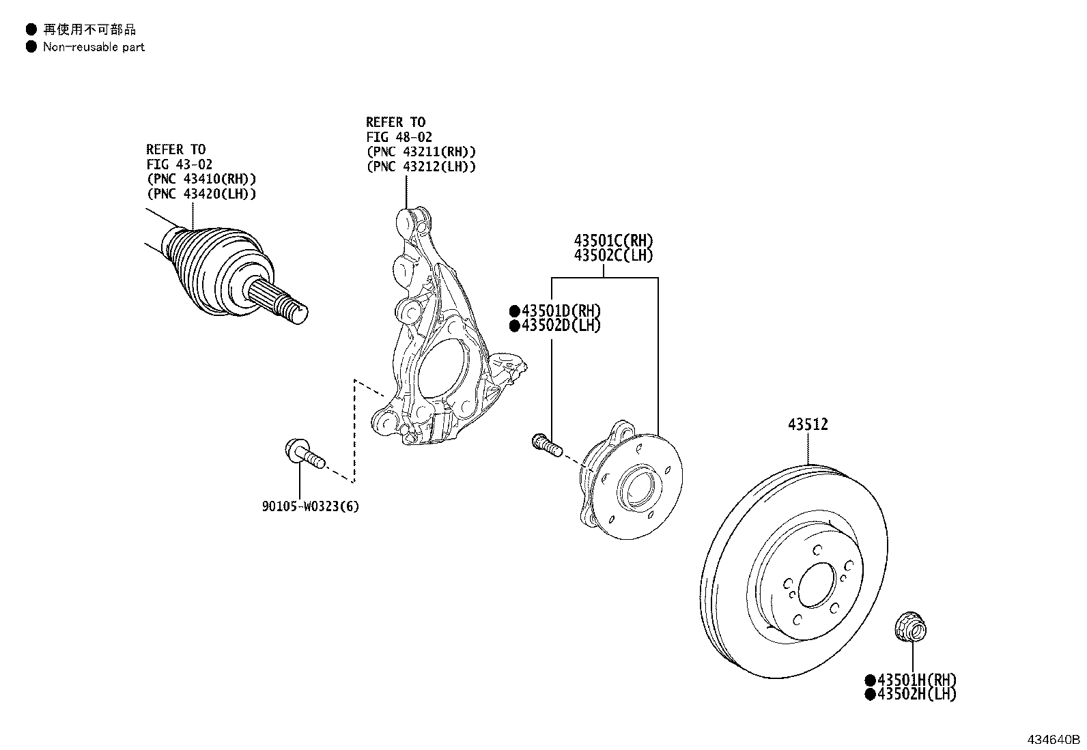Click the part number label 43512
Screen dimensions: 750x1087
point(808,424)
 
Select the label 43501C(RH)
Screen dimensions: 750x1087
point(613,241)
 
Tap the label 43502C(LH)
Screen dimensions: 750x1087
point(613,256)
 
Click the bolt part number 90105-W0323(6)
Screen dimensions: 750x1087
point(311,506)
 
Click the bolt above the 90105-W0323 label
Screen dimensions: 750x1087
point(303,454)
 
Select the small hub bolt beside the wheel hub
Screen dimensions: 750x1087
point(546,444)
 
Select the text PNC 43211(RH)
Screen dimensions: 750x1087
point(421,152)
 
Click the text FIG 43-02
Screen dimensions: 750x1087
point(179,164)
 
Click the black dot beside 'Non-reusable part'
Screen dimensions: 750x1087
point(31,47)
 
